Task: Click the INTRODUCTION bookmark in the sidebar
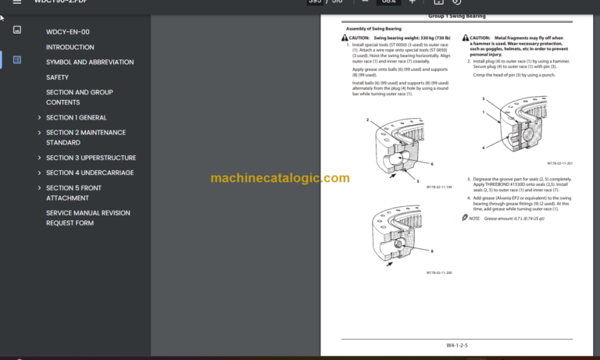coord(70,47)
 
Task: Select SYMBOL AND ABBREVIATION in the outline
coord(89,62)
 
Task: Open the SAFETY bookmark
coord(57,77)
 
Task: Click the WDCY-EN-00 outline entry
coord(67,32)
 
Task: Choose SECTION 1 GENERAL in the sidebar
coord(76,118)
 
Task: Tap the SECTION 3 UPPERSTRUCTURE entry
coord(91,158)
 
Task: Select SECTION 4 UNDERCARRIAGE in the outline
coord(89,173)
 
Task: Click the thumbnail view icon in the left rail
coord(17,30)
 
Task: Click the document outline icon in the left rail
coord(17,59)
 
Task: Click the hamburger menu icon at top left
coord(16,2)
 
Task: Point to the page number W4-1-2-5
coord(457,344)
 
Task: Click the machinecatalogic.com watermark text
coord(280,178)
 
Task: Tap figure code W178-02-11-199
coord(439,187)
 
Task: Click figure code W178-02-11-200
coord(439,273)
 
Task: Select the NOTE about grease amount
coord(504,219)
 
